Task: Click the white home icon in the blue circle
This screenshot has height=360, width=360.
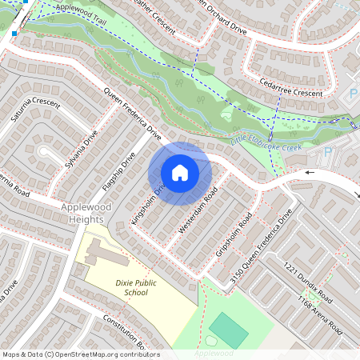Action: point(180,172)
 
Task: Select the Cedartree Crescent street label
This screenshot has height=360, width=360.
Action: point(290,88)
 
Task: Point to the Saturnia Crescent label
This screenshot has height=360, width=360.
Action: point(35,111)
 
